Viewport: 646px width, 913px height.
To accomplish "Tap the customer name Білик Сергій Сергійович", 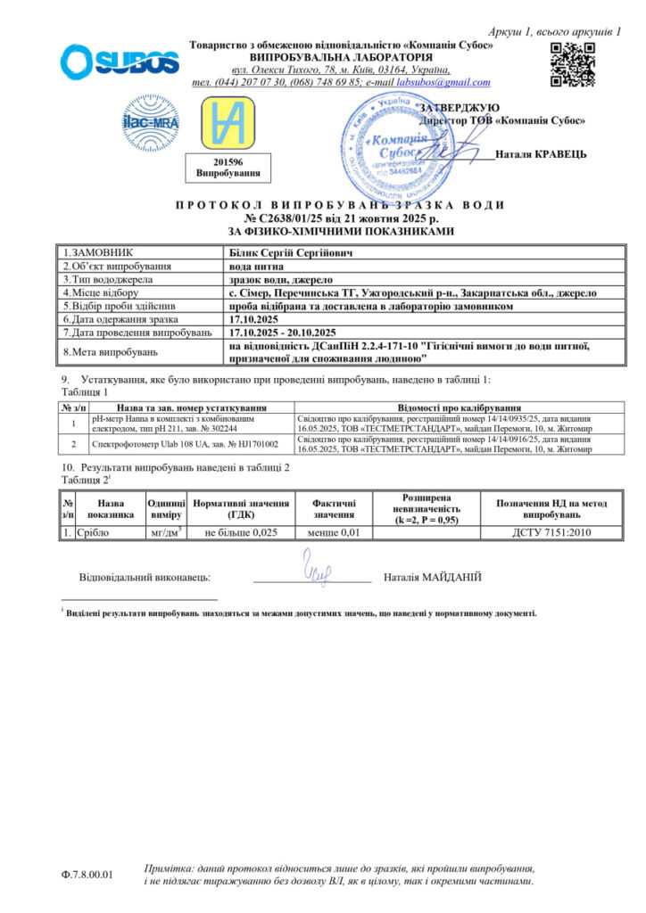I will coord(286,253).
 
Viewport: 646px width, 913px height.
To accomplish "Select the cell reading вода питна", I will coord(256,267).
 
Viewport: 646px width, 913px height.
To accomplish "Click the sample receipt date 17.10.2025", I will coord(255,318).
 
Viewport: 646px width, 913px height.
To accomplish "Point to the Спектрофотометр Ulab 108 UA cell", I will coord(186,443).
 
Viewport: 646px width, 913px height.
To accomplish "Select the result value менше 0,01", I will coord(327,532).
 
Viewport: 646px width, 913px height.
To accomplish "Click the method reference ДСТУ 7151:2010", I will coord(551,532).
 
